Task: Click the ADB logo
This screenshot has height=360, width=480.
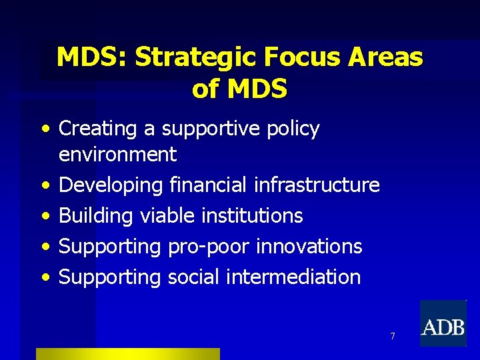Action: click(443, 324)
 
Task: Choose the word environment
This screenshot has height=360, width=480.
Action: click(117, 155)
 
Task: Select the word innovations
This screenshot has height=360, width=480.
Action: click(307, 246)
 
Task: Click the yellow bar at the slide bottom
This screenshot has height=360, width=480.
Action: click(127, 354)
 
